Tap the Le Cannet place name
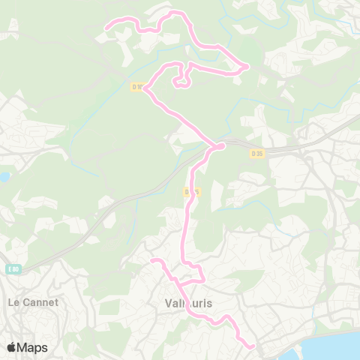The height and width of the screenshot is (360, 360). [32, 302]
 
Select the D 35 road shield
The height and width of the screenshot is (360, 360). [256, 154]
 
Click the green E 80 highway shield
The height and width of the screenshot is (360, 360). [13, 268]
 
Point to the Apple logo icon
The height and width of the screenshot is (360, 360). [11, 347]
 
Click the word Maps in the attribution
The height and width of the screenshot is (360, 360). [33, 347]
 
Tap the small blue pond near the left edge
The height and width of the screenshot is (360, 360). [4, 178]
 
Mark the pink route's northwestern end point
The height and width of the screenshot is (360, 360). [106, 28]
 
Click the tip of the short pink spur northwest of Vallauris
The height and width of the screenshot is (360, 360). [152, 261]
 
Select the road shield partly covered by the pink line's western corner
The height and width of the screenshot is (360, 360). [137, 87]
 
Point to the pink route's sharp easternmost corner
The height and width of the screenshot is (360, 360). [247, 67]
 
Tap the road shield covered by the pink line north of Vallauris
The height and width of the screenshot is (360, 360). [191, 192]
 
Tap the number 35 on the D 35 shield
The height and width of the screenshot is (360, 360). [259, 154]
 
